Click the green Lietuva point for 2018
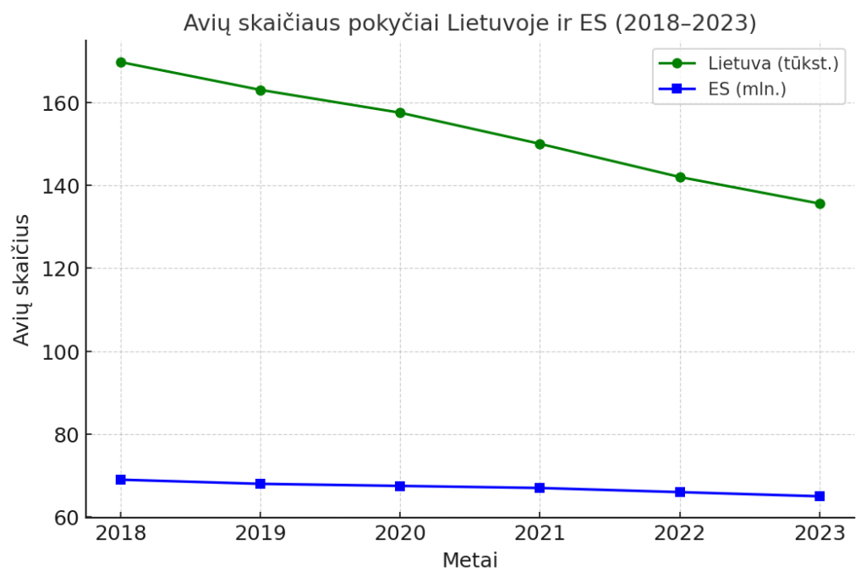(x=121, y=62)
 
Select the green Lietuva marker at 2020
(x=400, y=113)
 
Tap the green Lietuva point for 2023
(x=819, y=203)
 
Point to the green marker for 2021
(x=540, y=144)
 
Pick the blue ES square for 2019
(x=260, y=484)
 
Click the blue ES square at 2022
(x=680, y=492)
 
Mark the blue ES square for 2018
(x=121, y=480)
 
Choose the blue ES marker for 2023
(x=819, y=496)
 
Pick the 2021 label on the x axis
(x=540, y=534)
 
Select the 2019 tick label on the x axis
(x=260, y=534)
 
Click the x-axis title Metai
(x=469, y=560)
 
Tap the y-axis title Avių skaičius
(x=22, y=279)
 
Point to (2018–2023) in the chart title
(x=685, y=24)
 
